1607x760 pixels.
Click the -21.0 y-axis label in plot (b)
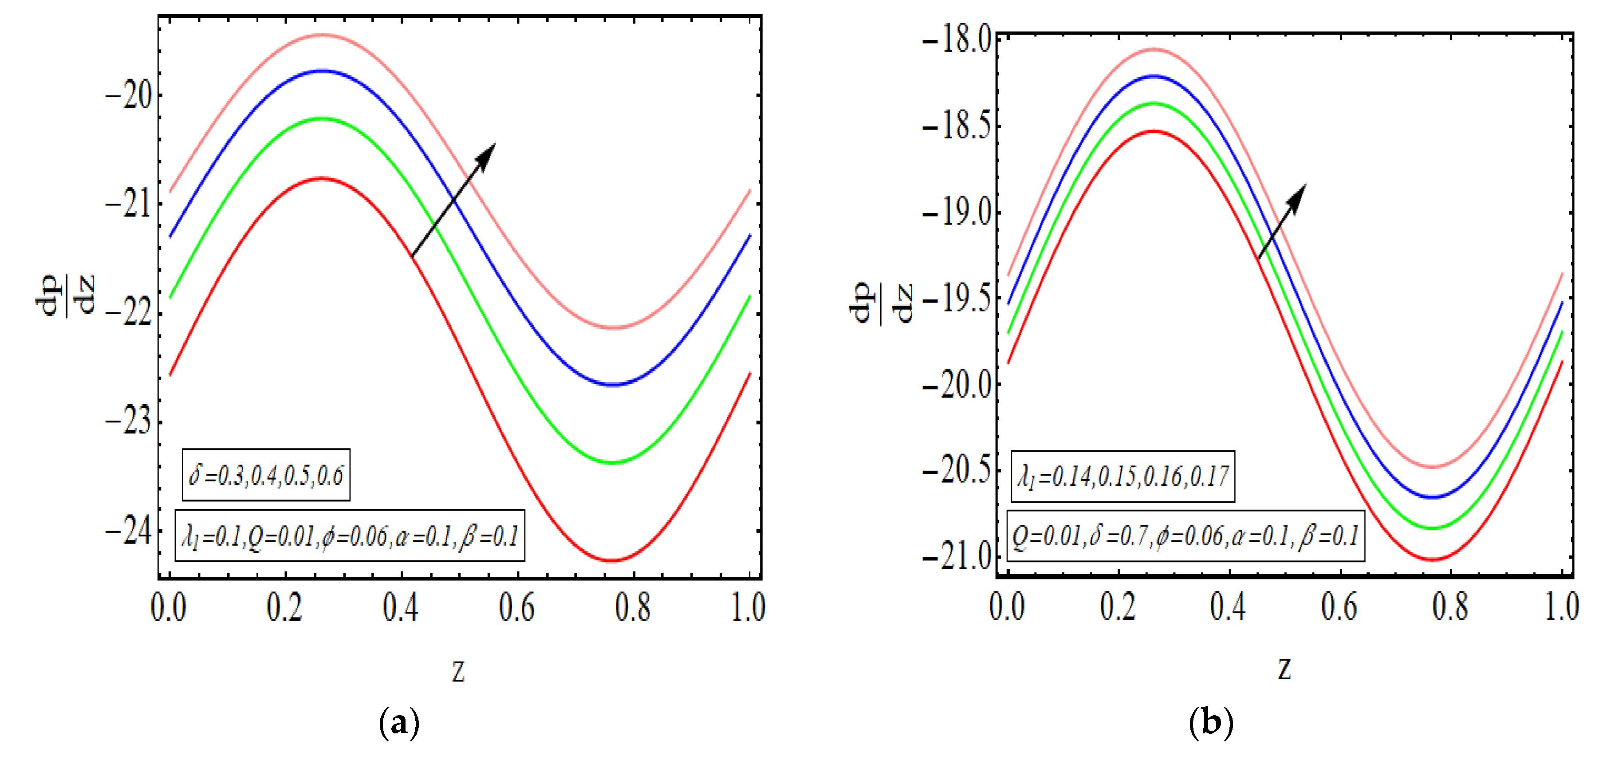coord(957,555)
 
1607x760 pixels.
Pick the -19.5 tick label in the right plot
coord(957,299)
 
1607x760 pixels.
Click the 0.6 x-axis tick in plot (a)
coord(516,607)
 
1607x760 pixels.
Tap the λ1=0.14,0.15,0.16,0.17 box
coord(1122,476)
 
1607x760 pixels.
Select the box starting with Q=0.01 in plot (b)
coord(1186,536)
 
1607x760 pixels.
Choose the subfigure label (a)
coord(399,723)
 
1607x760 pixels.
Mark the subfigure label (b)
coord(1211,723)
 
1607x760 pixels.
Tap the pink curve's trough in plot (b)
coord(1434,466)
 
